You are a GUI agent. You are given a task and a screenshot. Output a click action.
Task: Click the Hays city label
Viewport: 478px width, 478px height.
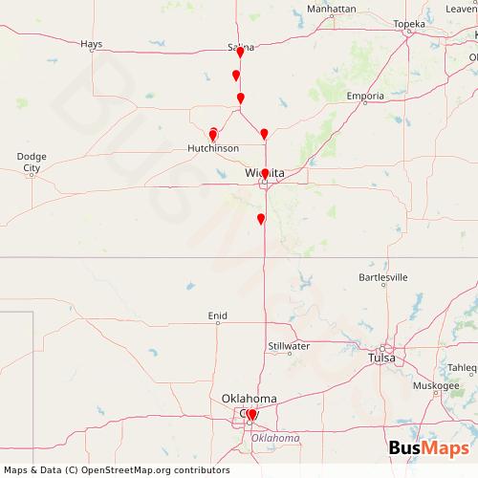coord(92,43)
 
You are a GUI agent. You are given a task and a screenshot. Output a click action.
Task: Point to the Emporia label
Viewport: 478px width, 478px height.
coord(366,98)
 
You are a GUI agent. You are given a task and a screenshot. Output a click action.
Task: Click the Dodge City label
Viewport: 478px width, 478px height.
coord(33,162)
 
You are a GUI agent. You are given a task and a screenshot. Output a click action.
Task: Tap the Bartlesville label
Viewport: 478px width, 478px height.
coord(382,277)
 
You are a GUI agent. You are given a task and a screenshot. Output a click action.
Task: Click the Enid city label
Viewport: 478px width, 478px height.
coord(219,315)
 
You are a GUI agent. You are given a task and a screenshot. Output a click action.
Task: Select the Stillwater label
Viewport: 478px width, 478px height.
coord(288,346)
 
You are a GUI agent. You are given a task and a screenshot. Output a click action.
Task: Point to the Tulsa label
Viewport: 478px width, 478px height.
coord(384,358)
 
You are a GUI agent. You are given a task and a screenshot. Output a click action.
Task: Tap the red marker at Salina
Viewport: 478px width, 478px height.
coord(240,54)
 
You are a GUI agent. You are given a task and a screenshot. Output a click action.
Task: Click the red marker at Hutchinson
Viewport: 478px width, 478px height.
coord(213,136)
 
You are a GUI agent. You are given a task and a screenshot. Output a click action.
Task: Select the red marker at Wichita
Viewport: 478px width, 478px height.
coord(265,174)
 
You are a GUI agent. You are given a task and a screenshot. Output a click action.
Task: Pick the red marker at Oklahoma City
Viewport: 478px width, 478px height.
coord(251,415)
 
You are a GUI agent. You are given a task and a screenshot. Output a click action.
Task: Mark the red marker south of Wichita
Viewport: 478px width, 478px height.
coord(260,219)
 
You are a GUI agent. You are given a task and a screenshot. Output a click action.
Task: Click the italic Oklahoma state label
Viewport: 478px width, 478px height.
coord(275,437)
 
